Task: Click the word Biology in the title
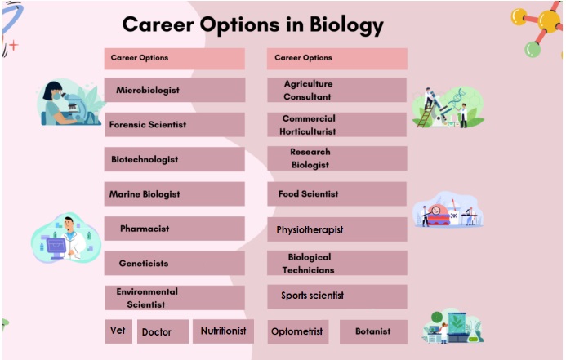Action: [346, 25]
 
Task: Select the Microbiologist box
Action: [175, 90]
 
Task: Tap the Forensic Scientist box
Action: [175, 124]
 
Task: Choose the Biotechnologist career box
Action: [175, 159]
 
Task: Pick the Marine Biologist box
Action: [175, 193]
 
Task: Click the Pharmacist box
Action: [175, 229]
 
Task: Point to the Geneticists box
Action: [175, 264]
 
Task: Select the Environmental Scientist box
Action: [175, 298]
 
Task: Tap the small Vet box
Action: [118, 331]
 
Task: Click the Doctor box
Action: [163, 331]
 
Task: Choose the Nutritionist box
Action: [223, 331]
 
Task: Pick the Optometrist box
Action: [298, 331]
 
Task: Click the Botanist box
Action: [373, 331]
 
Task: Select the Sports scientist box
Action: [337, 297]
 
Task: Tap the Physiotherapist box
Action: [337, 229]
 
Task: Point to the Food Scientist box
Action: [337, 193]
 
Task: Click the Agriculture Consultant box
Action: [337, 90]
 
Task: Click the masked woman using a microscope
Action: [69, 103]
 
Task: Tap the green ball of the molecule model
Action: [533, 49]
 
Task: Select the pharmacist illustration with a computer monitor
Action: [65, 238]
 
